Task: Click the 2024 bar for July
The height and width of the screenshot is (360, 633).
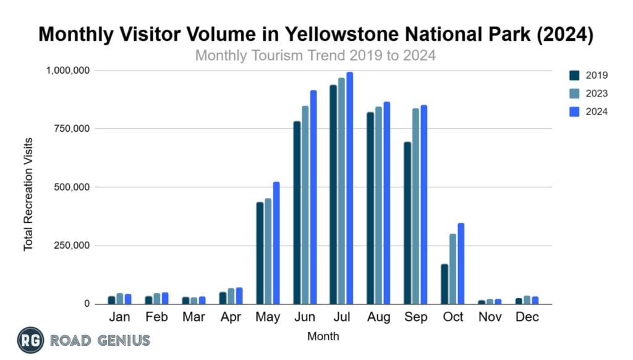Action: [350, 188]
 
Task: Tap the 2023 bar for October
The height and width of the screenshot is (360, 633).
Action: [452, 269]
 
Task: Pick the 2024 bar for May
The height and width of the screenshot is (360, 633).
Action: [276, 252]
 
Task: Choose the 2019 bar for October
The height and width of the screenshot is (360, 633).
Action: [444, 284]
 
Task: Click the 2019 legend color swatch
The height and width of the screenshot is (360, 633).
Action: [574, 75]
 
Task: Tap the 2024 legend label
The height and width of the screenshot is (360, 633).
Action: [597, 112]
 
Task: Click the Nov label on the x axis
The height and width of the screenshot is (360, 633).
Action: [490, 317]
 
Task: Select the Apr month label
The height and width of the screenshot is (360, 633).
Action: [230, 317]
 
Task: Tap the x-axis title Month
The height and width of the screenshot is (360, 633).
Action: [323, 337]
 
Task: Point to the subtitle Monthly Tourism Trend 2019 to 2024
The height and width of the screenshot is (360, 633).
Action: [315, 56]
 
